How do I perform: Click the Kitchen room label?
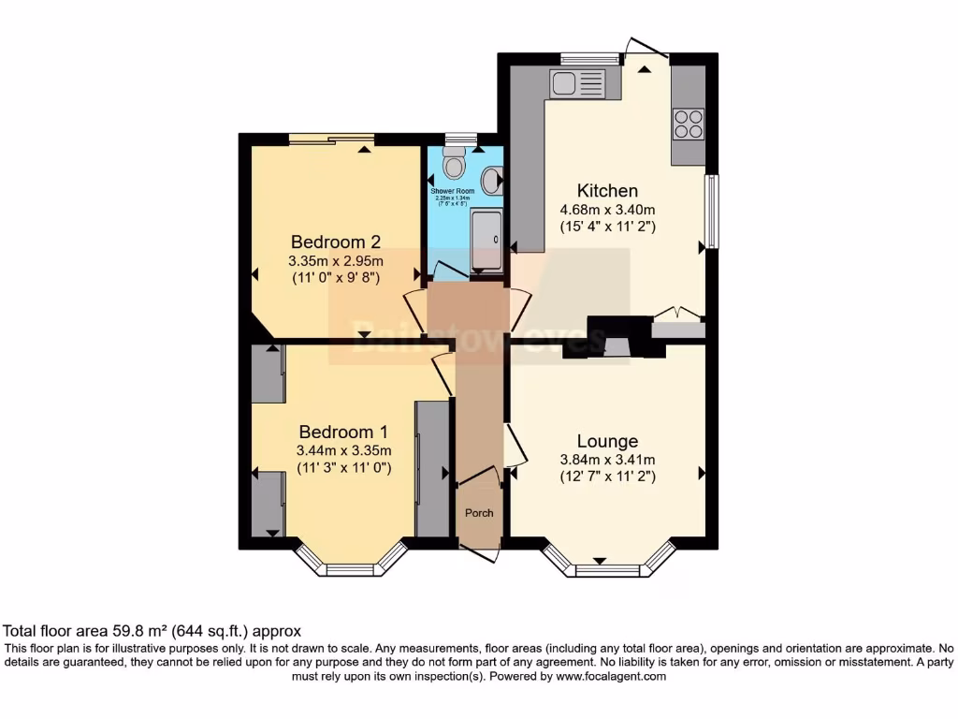click(x=607, y=191)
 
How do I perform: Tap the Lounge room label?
click(x=607, y=441)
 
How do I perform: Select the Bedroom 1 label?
click(x=343, y=432)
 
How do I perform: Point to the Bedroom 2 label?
click(x=335, y=241)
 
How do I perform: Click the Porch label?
click(x=479, y=513)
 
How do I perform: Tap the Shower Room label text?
click(x=453, y=191)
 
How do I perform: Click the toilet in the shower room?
click(x=455, y=165)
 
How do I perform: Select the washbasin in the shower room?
click(x=494, y=180)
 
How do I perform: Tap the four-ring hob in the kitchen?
click(x=689, y=124)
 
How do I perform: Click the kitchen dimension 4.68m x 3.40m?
click(x=607, y=210)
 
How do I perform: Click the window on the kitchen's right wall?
click(x=712, y=211)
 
